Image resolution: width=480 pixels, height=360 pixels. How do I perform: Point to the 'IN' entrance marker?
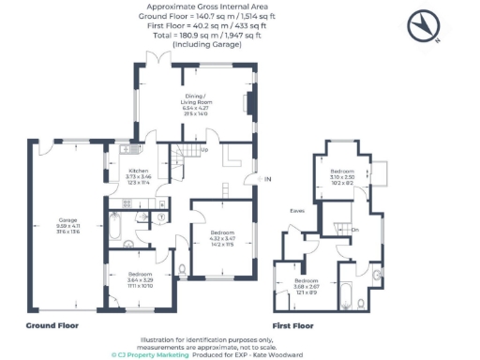268,179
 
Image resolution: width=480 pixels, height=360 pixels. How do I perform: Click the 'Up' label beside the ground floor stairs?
203,148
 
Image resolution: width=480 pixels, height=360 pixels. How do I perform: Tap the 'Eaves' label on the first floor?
297,211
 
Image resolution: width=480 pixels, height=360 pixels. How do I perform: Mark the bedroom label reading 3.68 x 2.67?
307,285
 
